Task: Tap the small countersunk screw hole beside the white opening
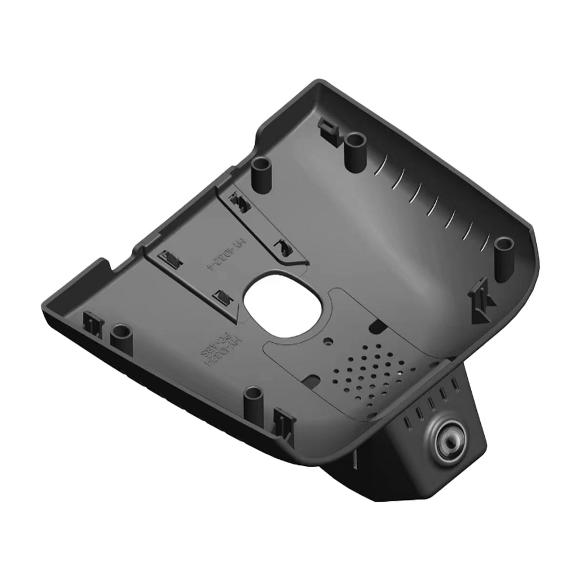(x=330, y=341)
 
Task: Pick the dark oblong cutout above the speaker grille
(x=377, y=327)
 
